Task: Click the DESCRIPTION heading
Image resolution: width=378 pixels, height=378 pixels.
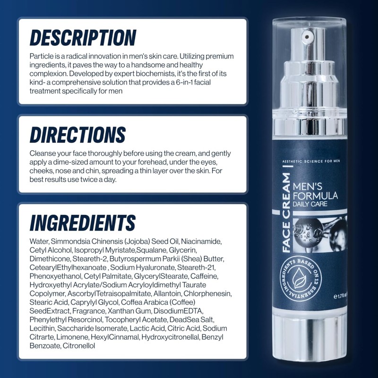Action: point(83,38)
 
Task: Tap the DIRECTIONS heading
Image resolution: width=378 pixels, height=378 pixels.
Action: point(77,135)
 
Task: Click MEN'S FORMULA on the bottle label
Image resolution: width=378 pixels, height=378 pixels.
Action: point(316,191)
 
